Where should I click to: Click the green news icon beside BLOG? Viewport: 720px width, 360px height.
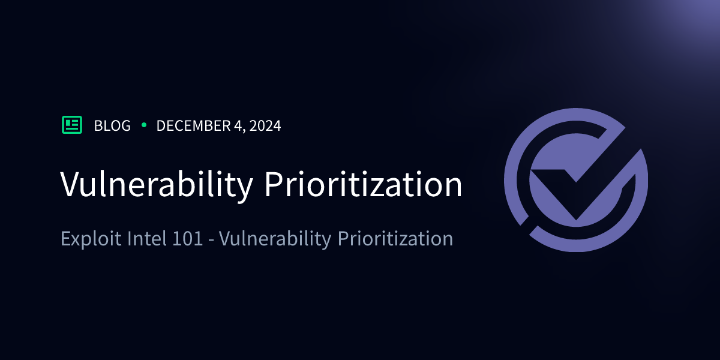(72, 125)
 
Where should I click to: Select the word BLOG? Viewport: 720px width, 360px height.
(112, 126)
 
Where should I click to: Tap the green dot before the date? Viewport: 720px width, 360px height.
(143, 125)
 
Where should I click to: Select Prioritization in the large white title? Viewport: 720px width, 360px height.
(364, 184)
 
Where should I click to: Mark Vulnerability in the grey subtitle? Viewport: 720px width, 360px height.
(275, 239)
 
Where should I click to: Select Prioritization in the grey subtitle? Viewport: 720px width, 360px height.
(395, 239)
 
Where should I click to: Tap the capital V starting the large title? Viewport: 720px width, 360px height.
(70, 184)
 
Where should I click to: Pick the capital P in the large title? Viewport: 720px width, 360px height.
(273, 184)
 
